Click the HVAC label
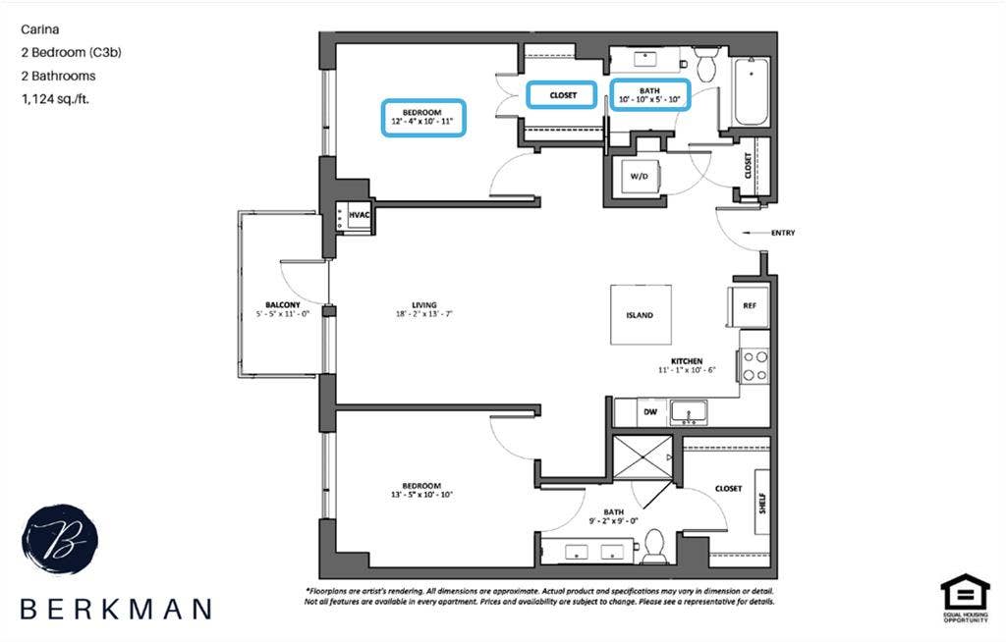(360, 215)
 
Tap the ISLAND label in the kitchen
(640, 315)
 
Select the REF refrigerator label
(750, 306)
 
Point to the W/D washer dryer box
(639, 177)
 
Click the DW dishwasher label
(650, 411)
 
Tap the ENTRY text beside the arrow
(783, 233)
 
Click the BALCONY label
(282, 304)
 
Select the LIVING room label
(424, 304)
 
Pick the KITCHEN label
(687, 361)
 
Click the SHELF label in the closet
(762, 503)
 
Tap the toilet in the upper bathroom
(706, 66)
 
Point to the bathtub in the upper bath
(750, 92)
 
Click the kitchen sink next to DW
(689, 412)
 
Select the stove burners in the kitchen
(754, 365)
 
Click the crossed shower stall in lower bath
(643, 457)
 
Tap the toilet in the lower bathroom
(654, 546)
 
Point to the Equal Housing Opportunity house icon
(965, 594)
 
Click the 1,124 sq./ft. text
(55, 99)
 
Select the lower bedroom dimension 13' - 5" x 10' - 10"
(421, 495)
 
